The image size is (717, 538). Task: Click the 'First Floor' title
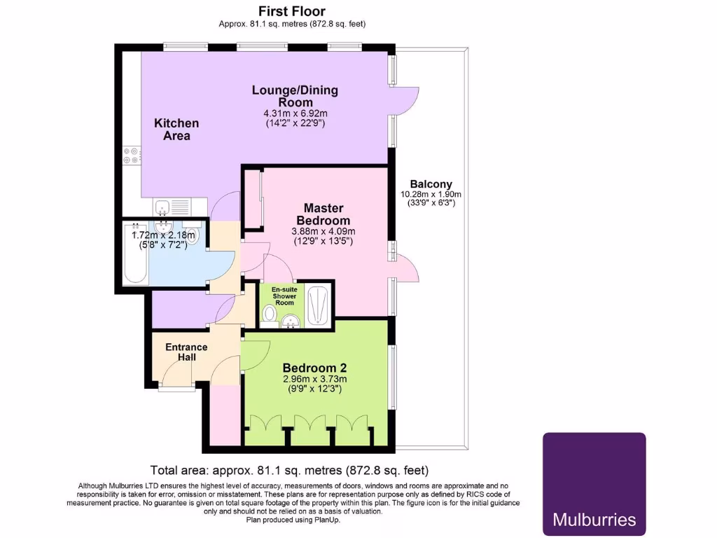[x=291, y=11]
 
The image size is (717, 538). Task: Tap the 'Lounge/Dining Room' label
[x=295, y=96]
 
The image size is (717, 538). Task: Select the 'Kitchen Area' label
[x=176, y=129]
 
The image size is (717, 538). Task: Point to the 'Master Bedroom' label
[x=323, y=214]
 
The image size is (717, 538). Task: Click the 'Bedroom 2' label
[x=314, y=368]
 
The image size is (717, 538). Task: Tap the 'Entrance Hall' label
[x=186, y=352]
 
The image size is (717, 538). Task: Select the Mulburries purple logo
[x=594, y=484]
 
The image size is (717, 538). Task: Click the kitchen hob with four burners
[x=131, y=155]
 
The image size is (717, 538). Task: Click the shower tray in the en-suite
[x=318, y=305]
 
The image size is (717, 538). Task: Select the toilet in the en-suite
[x=268, y=315]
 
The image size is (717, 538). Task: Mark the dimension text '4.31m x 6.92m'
[x=295, y=113]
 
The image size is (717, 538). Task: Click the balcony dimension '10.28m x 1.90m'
[x=431, y=194]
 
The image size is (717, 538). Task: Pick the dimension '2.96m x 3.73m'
[x=314, y=379]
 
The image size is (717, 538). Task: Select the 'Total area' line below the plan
[x=290, y=470]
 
